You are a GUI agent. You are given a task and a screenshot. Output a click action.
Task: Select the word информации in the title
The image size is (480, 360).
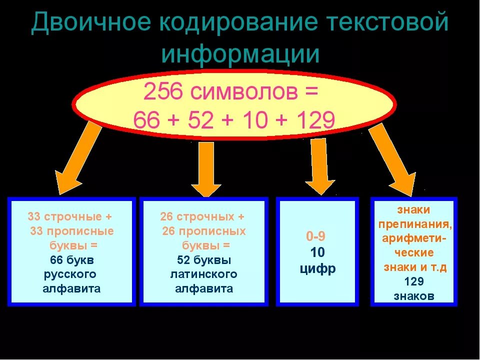click(x=240, y=53)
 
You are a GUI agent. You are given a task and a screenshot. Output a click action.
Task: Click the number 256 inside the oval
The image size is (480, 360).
click(x=161, y=92)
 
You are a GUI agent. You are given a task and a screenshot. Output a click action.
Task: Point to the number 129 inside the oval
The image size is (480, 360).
click(x=315, y=120)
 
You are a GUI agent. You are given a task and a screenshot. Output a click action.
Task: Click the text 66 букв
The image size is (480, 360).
click(x=72, y=260)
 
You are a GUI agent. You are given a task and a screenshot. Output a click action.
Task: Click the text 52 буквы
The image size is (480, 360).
click(x=204, y=260)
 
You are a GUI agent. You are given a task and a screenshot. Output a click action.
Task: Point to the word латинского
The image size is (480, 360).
click(x=203, y=274)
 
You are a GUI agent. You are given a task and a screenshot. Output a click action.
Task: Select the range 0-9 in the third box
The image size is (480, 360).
click(x=316, y=236)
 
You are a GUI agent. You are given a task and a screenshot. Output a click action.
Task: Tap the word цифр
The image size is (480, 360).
click(x=317, y=268)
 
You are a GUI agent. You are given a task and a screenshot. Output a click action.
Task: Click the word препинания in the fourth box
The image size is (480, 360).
click(x=414, y=223)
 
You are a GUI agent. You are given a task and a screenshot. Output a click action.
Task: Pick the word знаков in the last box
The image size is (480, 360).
click(x=413, y=296)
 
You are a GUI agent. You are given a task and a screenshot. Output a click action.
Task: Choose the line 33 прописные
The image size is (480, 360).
click(x=72, y=231)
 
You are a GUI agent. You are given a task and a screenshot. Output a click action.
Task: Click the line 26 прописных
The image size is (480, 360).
click(x=204, y=231)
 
